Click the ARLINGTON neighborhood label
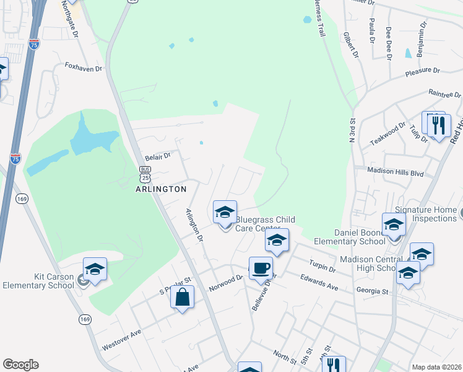[x=161, y=189]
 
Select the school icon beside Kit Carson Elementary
[x=95, y=270]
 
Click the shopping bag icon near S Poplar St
[x=182, y=298]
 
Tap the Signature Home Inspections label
[x=425, y=214]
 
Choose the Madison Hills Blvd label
[x=395, y=173]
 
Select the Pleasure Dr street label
[x=422, y=71]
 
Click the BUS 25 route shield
[x=145, y=173]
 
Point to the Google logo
[x=20, y=365]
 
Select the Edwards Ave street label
[x=319, y=283]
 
